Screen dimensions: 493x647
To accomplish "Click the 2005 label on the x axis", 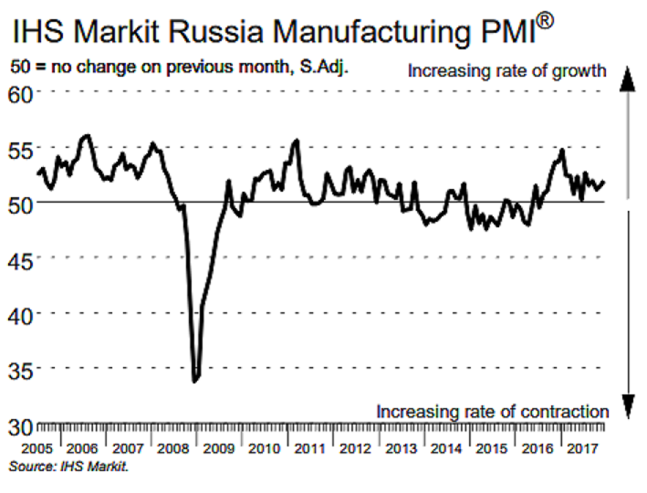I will (x=35, y=449).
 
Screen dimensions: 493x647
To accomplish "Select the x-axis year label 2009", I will (x=216, y=449).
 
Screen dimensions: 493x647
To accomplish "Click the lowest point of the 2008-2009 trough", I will (x=195, y=381).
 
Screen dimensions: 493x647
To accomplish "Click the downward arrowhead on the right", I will (x=627, y=404).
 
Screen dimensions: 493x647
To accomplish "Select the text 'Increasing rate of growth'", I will (x=506, y=70).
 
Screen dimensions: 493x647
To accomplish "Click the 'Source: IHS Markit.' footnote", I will (x=68, y=467).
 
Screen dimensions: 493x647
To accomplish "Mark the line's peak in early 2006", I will (x=86, y=135).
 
